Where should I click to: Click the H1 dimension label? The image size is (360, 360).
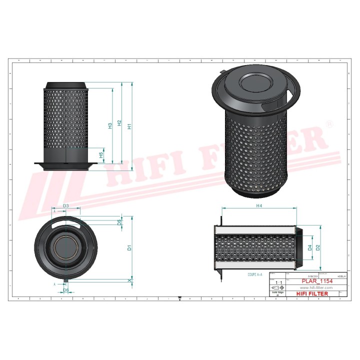click(129, 127)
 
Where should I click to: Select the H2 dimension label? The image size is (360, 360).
click(119, 123)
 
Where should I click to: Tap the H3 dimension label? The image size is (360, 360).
click(110, 126)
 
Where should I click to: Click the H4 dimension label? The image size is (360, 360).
click(259, 205)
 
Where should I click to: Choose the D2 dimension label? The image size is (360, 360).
click(317, 247)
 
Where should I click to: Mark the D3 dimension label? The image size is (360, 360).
click(65, 206)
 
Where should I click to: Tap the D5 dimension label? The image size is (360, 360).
click(119, 221)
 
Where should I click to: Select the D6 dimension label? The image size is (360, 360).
click(65, 290)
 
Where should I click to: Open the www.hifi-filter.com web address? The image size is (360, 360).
click(316, 288)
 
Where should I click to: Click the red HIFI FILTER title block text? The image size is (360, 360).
click(312, 294)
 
